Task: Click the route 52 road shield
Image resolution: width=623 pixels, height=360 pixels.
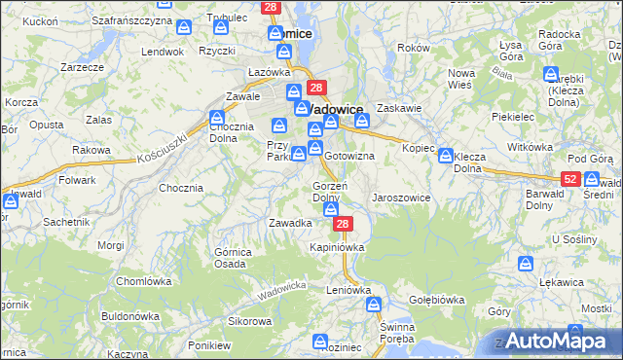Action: pos(571,179)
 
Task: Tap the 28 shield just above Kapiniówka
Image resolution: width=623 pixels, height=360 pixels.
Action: pos(342,225)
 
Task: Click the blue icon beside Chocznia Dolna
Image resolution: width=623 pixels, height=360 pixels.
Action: pos(217,118)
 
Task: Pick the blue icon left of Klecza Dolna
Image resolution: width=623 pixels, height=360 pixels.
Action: pos(445,155)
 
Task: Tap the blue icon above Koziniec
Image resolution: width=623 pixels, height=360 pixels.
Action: pos(320,341)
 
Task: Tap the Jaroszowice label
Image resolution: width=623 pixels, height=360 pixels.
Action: pos(401,198)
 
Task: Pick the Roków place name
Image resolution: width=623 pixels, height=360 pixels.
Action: pos(414,48)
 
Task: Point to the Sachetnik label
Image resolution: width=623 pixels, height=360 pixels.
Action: pos(66,222)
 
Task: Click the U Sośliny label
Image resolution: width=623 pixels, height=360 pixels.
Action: pos(573,238)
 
